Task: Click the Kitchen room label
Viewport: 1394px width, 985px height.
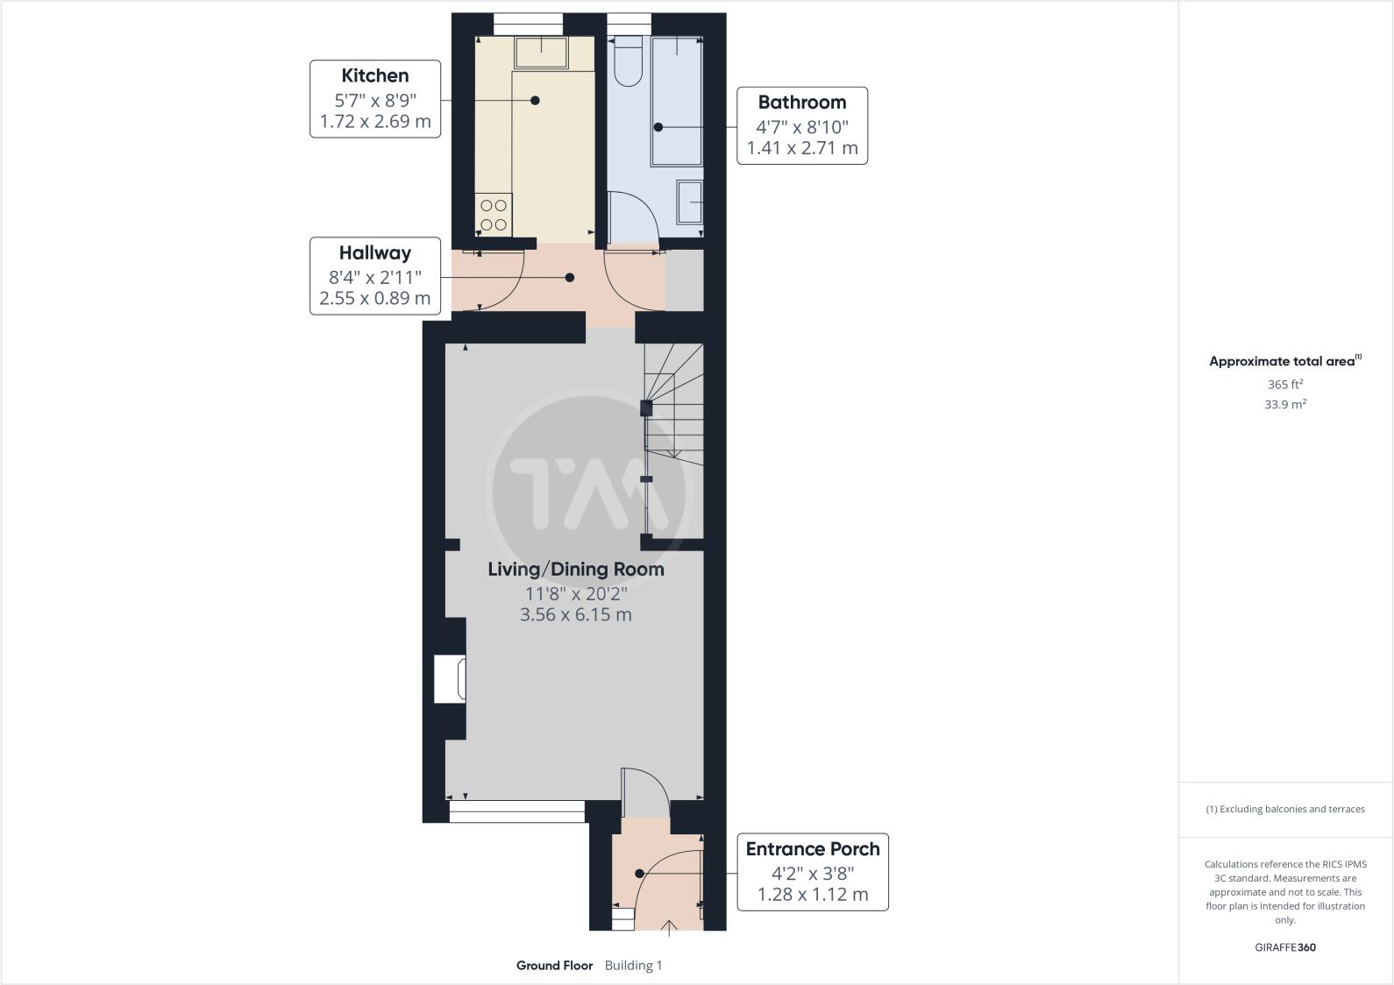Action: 375,75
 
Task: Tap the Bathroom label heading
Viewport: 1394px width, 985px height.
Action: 801,102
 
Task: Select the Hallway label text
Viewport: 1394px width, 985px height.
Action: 375,253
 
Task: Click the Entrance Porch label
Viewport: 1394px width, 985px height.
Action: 812,848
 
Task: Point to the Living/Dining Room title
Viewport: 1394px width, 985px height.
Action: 575,569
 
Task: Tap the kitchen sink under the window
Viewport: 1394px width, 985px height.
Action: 540,53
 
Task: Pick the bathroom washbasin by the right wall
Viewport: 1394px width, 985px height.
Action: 690,202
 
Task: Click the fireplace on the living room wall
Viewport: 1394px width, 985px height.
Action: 451,679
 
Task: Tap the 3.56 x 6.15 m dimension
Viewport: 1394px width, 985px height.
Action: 575,614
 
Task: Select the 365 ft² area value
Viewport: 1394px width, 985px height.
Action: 1284,384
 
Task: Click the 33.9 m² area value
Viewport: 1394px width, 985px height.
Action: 1284,404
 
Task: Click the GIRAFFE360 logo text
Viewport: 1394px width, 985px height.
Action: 1284,947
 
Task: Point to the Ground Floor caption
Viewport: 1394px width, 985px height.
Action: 554,966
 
